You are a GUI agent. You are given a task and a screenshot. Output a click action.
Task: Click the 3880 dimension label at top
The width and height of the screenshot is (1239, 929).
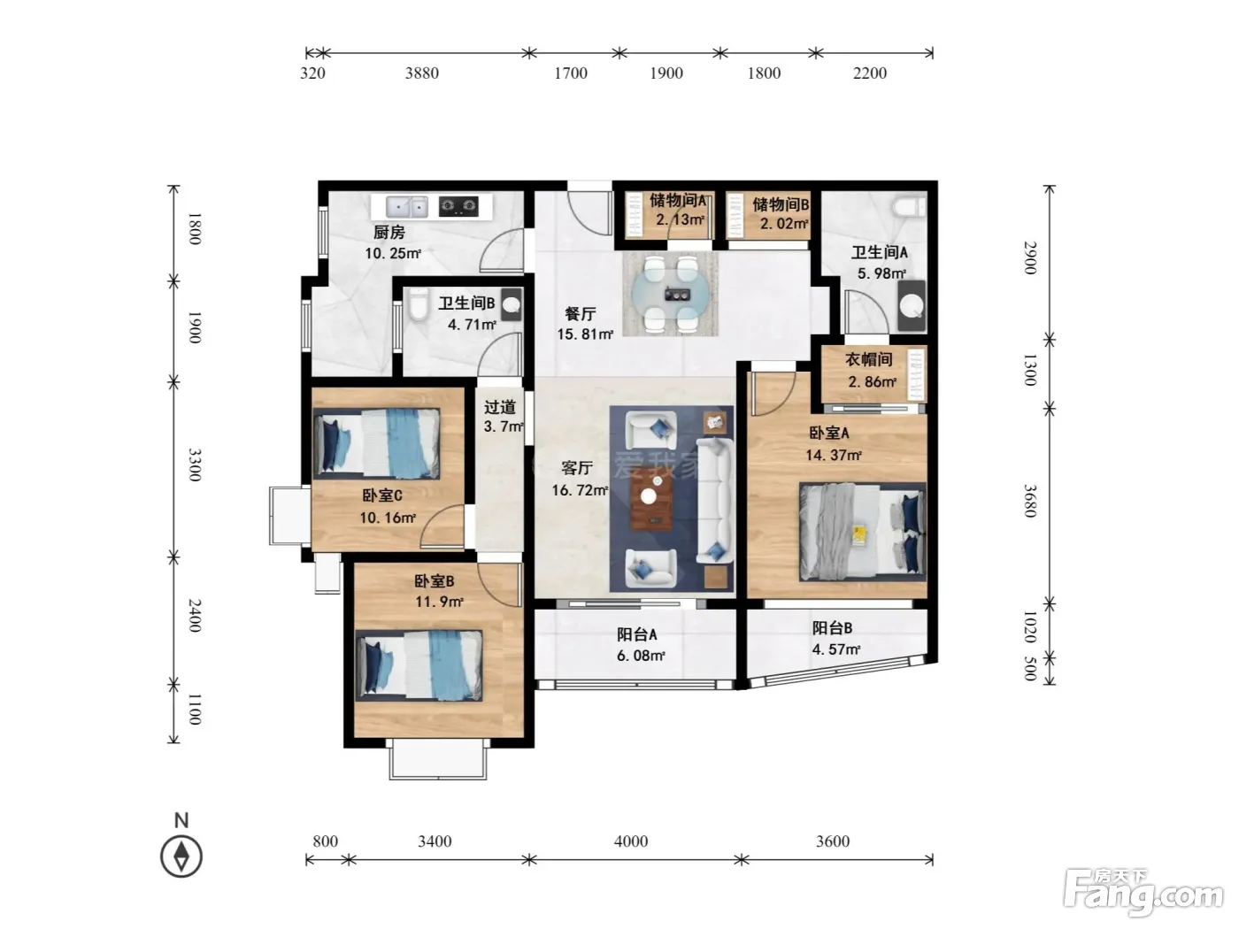(x=421, y=73)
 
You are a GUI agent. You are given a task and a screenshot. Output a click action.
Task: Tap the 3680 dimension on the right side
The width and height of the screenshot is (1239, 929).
(x=1030, y=501)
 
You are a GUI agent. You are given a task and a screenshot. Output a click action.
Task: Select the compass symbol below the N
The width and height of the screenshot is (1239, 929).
(x=181, y=856)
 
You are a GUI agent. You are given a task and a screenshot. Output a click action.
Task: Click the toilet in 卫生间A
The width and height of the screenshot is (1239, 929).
(x=910, y=206)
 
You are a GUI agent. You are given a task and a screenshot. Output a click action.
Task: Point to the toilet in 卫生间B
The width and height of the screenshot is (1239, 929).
(x=419, y=305)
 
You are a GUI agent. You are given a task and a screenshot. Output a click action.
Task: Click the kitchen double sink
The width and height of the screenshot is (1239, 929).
(x=407, y=207)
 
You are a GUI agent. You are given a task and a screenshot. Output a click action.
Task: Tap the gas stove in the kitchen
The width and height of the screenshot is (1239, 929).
(x=459, y=206)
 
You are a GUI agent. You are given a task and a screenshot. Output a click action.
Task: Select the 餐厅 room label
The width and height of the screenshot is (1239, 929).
(x=581, y=313)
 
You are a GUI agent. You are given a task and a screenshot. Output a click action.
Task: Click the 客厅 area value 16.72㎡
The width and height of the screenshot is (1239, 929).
(x=580, y=490)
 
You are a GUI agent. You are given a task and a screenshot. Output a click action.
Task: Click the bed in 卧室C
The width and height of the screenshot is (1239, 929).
(x=376, y=443)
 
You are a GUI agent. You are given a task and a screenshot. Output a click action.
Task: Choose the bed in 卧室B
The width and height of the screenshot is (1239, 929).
(x=419, y=665)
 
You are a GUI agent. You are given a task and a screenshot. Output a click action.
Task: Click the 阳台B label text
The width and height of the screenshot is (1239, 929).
(x=832, y=628)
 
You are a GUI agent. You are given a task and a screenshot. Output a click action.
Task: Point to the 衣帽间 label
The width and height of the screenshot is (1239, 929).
(x=869, y=359)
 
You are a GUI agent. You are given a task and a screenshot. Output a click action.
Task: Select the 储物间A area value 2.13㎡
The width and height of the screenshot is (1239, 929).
(x=681, y=219)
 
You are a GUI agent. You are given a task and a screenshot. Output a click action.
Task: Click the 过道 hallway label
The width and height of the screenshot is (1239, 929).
(x=500, y=407)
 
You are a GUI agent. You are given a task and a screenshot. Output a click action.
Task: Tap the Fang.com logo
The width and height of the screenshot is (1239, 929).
(x=1143, y=893)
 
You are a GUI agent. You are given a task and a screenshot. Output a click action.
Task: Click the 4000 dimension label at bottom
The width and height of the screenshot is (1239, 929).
(x=630, y=841)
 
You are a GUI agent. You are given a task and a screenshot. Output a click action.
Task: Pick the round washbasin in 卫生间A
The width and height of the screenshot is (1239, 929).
(x=911, y=307)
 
